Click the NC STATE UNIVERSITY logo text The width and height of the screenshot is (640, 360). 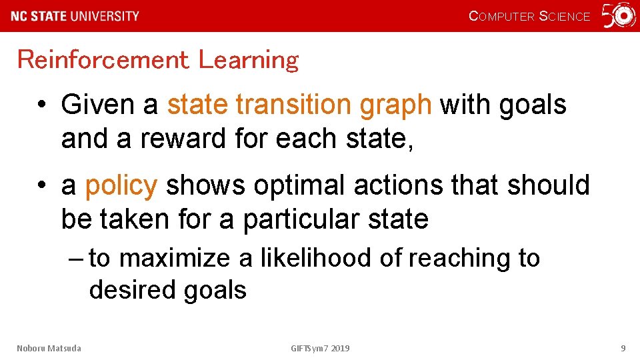[75, 16]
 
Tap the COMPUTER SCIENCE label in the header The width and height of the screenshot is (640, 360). [529, 17]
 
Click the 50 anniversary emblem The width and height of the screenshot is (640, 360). [619, 15]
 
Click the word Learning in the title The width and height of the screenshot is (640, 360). [249, 61]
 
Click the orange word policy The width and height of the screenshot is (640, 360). [121, 186]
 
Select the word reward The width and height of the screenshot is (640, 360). [180, 139]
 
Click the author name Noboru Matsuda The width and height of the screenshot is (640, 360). [49, 348]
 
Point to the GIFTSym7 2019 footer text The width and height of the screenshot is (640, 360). [320, 348]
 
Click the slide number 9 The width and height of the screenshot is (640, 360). [623, 348]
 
